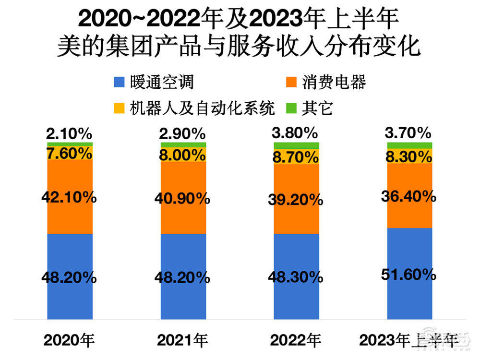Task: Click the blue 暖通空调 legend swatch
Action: click(x=120, y=82)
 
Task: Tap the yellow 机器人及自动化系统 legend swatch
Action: click(x=120, y=108)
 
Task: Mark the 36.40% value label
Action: click(x=409, y=196)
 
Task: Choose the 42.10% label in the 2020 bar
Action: click(x=70, y=197)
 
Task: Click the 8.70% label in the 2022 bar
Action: click(x=296, y=156)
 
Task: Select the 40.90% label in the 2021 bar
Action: click(x=183, y=199)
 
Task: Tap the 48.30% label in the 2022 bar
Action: click(x=296, y=277)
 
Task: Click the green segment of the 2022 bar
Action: click(x=296, y=145)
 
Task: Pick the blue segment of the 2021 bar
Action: click(x=183, y=298)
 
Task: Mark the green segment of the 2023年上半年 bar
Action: click(x=409, y=145)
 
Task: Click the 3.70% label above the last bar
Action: click(x=409, y=132)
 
